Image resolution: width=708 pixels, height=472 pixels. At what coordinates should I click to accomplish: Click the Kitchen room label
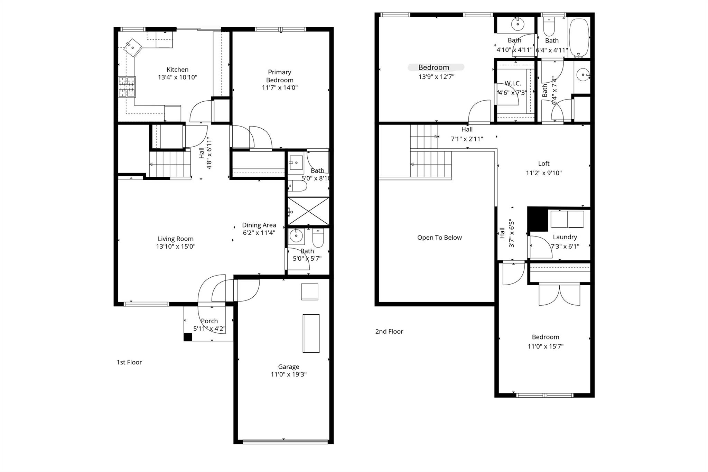177,70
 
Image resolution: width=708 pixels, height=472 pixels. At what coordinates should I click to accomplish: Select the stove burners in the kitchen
127,87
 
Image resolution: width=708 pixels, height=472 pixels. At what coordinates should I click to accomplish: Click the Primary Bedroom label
279,76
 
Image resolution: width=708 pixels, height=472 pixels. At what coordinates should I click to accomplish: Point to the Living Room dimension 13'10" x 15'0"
176,247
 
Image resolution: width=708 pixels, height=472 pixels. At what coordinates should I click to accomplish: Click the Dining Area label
259,225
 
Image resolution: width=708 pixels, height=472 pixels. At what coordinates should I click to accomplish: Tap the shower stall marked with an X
308,211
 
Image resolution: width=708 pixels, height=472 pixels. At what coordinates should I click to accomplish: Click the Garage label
288,367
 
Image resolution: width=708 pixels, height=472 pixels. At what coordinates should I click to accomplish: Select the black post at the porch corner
187,337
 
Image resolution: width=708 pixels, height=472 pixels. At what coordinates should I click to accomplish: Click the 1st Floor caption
129,362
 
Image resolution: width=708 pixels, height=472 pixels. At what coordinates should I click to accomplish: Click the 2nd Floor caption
389,331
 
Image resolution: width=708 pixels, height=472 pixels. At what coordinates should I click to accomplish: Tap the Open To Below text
439,238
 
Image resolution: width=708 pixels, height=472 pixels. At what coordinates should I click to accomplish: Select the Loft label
543,164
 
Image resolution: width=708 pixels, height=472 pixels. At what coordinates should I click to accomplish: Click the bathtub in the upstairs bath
579,38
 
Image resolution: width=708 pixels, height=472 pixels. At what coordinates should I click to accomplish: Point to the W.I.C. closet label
512,83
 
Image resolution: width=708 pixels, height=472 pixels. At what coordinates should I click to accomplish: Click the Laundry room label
565,237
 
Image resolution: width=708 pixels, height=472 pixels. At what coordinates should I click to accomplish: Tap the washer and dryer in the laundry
567,219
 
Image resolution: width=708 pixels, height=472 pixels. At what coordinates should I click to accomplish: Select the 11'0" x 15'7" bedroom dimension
546,346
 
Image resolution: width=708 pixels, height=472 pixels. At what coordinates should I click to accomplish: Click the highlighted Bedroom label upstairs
434,67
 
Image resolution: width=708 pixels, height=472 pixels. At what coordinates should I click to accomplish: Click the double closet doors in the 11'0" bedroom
559,295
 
